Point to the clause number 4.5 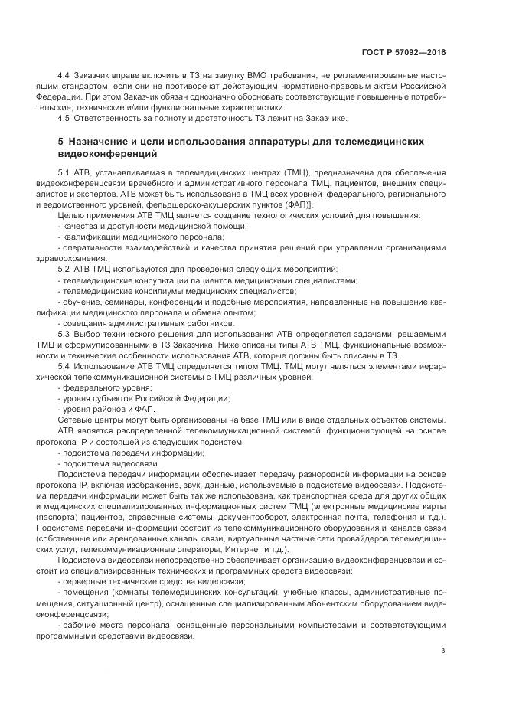coord(64,118)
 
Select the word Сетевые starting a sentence coord(75,420)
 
